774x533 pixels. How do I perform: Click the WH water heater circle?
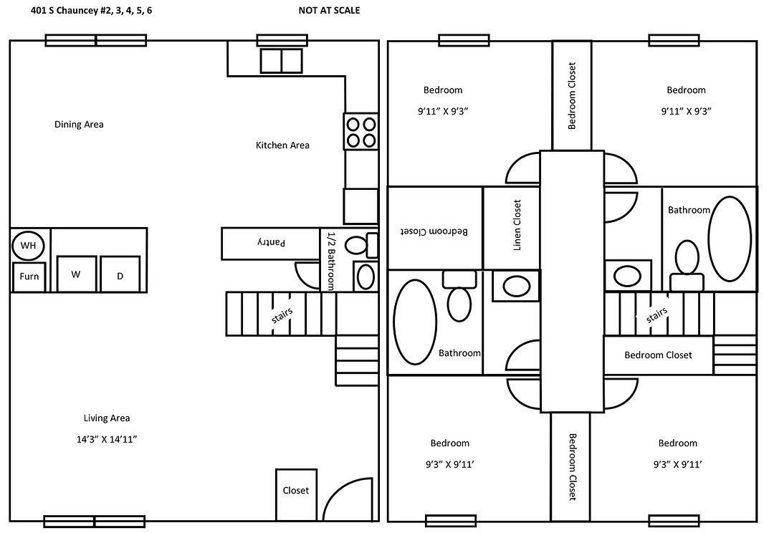pos(28,246)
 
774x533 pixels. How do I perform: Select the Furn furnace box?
pos(29,277)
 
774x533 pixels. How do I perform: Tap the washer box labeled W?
pos(77,274)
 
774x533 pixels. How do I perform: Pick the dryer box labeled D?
pos(120,276)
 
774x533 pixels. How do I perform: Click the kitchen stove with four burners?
pos(360,131)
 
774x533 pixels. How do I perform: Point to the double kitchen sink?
pos(281,61)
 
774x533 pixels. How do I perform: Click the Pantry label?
pos(271,243)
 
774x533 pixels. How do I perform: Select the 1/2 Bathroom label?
pos(330,260)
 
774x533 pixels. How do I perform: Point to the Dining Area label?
pos(79,125)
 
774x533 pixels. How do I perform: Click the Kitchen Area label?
pos(282,145)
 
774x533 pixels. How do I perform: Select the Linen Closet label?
pos(517,225)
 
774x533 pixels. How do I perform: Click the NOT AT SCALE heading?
pos(329,10)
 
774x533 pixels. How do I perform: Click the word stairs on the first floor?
pos(282,316)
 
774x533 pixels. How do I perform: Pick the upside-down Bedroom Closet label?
pos(434,231)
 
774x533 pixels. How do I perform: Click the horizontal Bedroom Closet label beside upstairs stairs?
pos(658,355)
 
